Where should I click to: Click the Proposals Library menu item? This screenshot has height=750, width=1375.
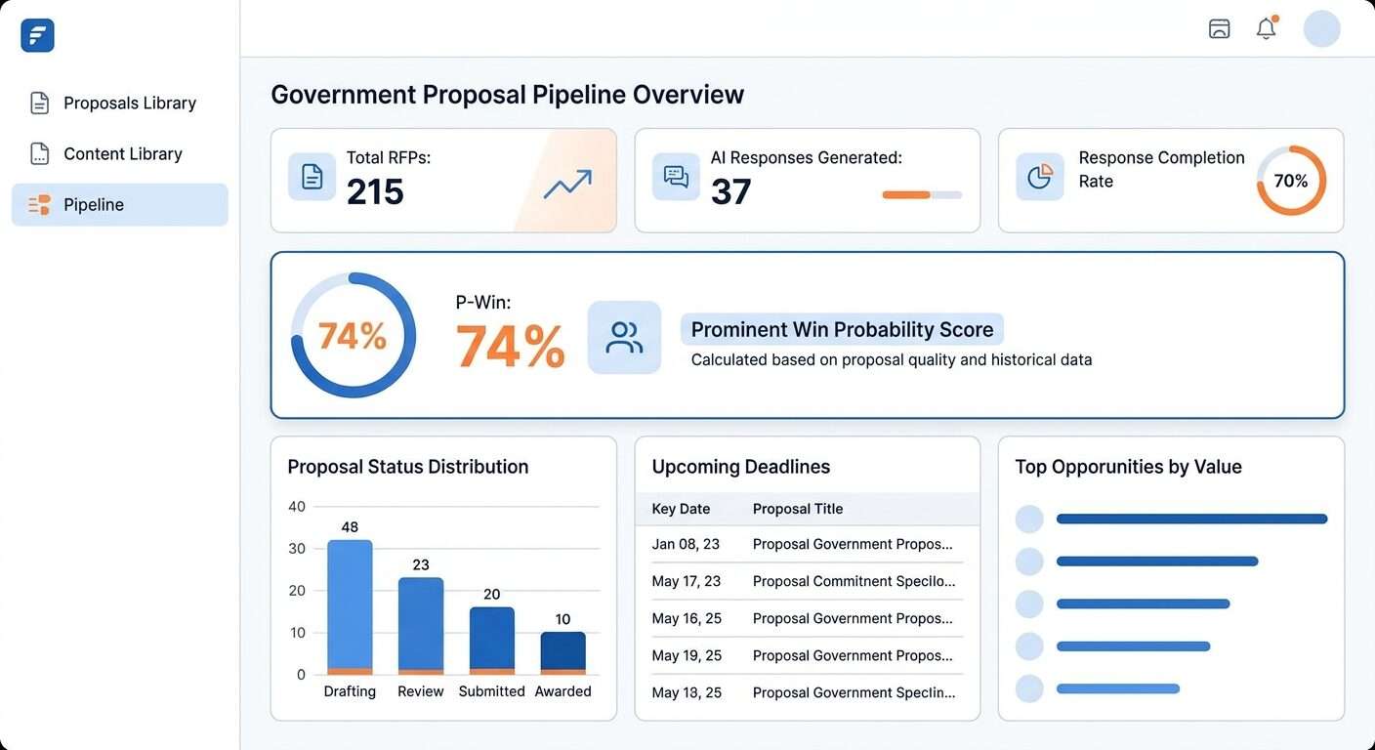click(129, 103)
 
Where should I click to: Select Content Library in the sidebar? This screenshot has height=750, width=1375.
click(122, 153)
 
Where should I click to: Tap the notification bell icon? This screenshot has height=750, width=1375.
click(1266, 28)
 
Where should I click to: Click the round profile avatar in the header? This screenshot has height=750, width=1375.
click(1321, 28)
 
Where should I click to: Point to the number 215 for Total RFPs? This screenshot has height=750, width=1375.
click(375, 191)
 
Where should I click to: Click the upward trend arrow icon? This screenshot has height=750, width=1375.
click(567, 184)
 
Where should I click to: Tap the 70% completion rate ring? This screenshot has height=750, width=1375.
click(1290, 181)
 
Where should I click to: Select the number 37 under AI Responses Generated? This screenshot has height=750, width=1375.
click(730, 191)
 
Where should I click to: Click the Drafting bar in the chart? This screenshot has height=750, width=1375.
click(350, 606)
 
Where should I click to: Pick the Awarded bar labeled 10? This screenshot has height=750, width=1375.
click(562, 652)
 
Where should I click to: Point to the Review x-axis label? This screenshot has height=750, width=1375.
click(420, 691)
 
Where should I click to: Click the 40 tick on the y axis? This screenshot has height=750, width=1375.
click(297, 506)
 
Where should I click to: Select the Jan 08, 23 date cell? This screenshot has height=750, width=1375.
click(686, 544)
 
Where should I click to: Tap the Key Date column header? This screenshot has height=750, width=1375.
click(681, 509)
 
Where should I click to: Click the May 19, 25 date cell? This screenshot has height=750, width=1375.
click(687, 655)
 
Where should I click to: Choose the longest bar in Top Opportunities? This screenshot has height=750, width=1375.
click(1191, 519)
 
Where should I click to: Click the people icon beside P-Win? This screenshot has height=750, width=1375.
click(624, 338)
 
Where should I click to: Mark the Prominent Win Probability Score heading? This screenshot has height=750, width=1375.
click(842, 329)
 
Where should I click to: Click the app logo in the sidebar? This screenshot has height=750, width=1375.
click(37, 36)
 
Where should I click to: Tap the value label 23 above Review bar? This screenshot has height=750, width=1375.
click(421, 564)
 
